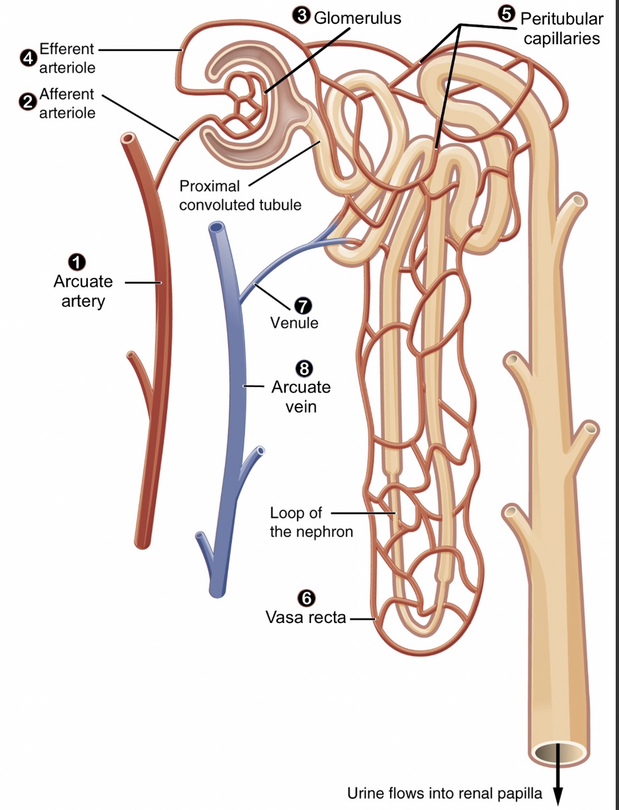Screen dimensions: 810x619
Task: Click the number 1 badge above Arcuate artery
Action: click(x=79, y=262)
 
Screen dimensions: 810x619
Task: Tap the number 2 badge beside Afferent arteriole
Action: click(x=27, y=102)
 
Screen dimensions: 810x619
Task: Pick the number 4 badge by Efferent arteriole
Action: click(x=27, y=58)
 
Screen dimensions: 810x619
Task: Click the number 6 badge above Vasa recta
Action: click(x=305, y=598)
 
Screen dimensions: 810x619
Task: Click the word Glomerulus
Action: click(x=357, y=17)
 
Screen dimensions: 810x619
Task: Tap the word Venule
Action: click(x=294, y=323)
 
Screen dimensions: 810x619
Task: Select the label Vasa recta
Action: click(x=306, y=618)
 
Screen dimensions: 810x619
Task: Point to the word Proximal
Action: click(x=209, y=187)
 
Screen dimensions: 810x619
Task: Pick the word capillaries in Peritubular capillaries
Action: click(x=561, y=38)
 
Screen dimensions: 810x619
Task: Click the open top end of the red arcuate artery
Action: click(x=128, y=139)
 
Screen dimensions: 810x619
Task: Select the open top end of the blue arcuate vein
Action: click(x=216, y=228)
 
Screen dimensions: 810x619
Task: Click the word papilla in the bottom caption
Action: click(x=520, y=793)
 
